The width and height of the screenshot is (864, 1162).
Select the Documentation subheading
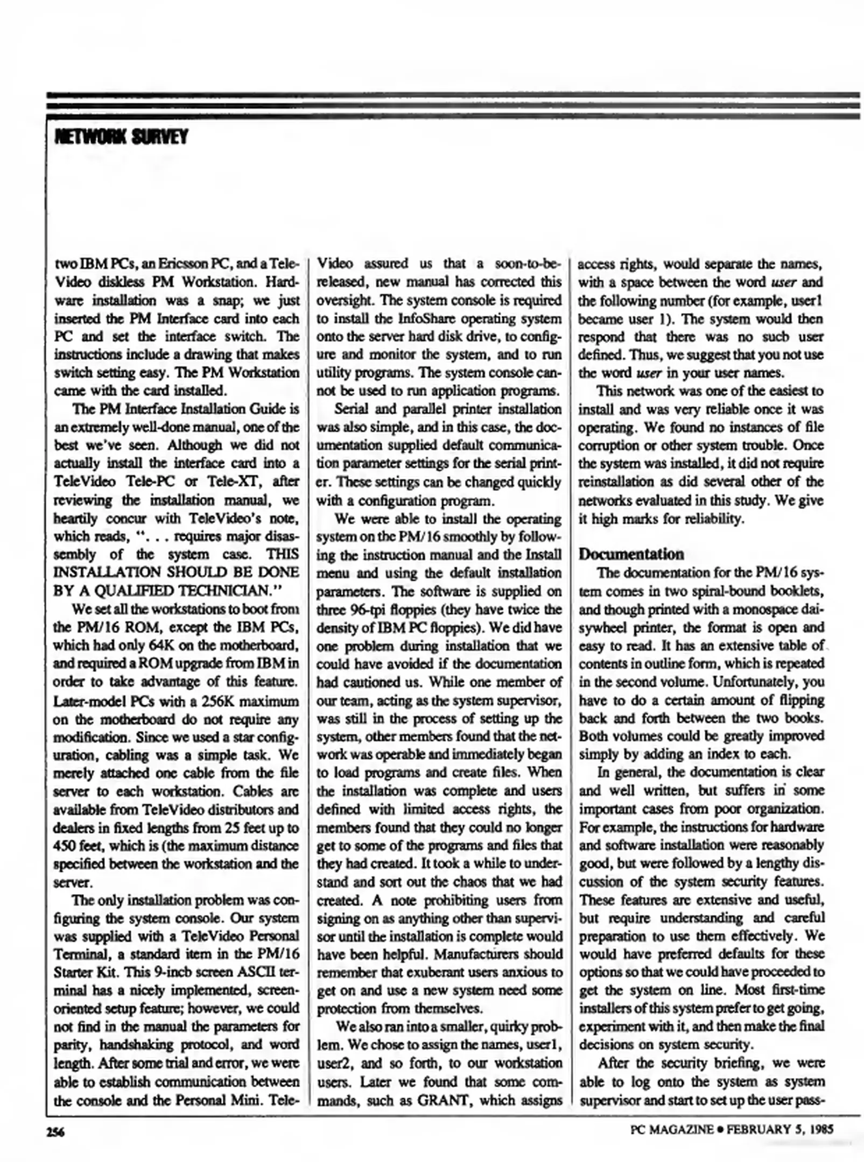[x=631, y=554]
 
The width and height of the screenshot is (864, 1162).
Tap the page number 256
[x=55, y=1132]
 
